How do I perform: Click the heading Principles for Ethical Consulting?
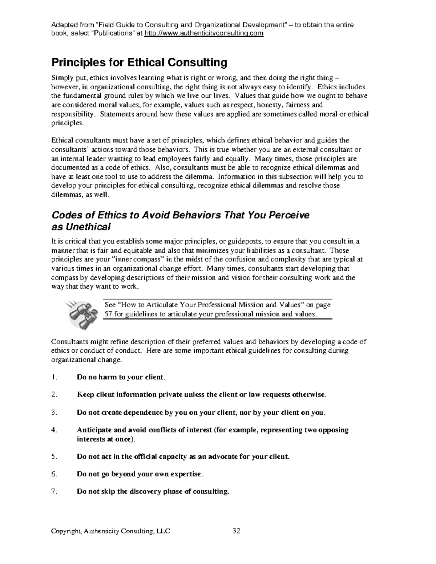pyautogui.click(x=139, y=63)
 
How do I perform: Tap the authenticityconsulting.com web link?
pyautogui.click(x=203, y=33)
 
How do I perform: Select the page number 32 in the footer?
pyautogui.click(x=236, y=531)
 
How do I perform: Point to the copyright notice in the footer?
pyautogui.click(x=110, y=531)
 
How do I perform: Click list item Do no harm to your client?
pyautogui.click(x=121, y=377)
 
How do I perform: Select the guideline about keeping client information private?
pyautogui.click(x=202, y=394)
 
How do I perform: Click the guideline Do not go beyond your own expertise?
pyautogui.click(x=140, y=474)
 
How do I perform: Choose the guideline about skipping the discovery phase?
pyautogui.click(x=153, y=492)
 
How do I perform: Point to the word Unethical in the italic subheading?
pyautogui.click(x=87, y=227)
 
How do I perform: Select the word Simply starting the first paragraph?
pyautogui.click(x=60, y=78)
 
